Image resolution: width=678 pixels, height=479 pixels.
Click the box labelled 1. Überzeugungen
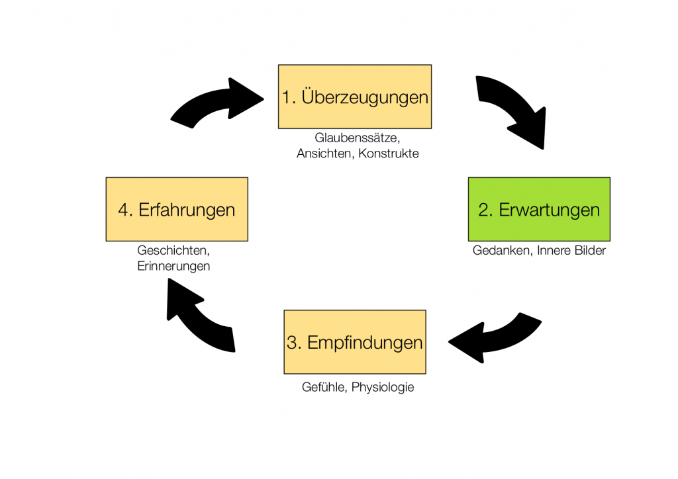[355, 97]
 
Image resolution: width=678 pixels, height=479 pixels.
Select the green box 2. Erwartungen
[539, 209]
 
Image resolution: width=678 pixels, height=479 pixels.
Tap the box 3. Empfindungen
[355, 342]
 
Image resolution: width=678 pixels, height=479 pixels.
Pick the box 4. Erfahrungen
[177, 209]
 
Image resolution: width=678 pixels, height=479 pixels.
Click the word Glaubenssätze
[357, 138]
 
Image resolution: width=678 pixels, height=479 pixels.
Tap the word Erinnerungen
[173, 266]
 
